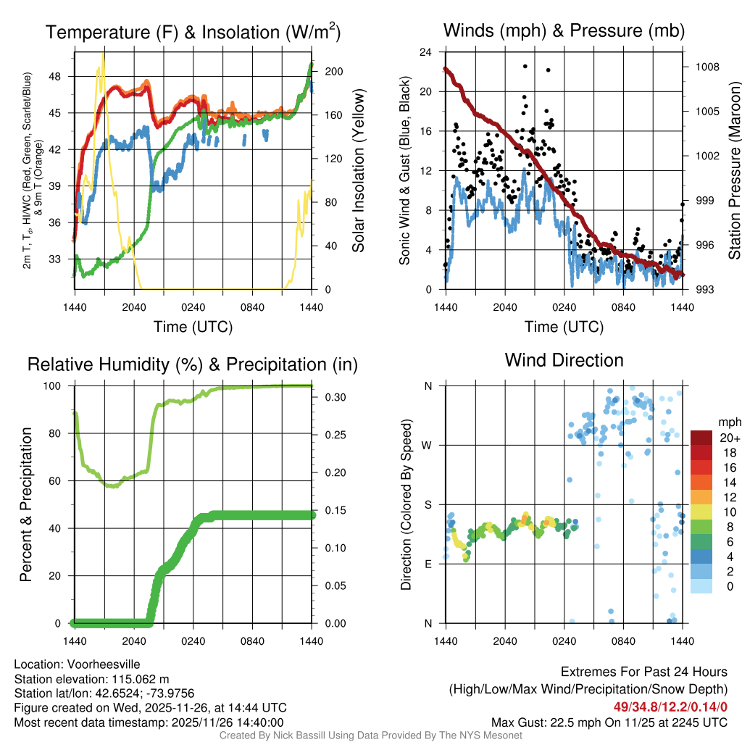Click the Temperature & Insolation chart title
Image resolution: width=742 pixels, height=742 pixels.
[x=193, y=32]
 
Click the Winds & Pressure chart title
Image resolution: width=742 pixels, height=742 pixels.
[x=564, y=30]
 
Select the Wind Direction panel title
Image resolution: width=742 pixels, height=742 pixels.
[x=564, y=360]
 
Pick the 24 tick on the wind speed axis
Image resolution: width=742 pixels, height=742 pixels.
[x=425, y=52]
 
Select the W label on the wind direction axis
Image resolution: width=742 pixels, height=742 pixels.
[x=428, y=445]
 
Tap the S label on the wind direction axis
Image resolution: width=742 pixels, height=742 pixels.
[x=428, y=504]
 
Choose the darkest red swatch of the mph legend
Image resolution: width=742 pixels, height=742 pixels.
[x=701, y=438]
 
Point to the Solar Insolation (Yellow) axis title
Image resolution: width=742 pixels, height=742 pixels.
[x=358, y=171]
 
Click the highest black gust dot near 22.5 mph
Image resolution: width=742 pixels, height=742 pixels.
[x=525, y=66]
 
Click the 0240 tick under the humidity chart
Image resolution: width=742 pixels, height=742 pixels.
[x=193, y=641]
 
